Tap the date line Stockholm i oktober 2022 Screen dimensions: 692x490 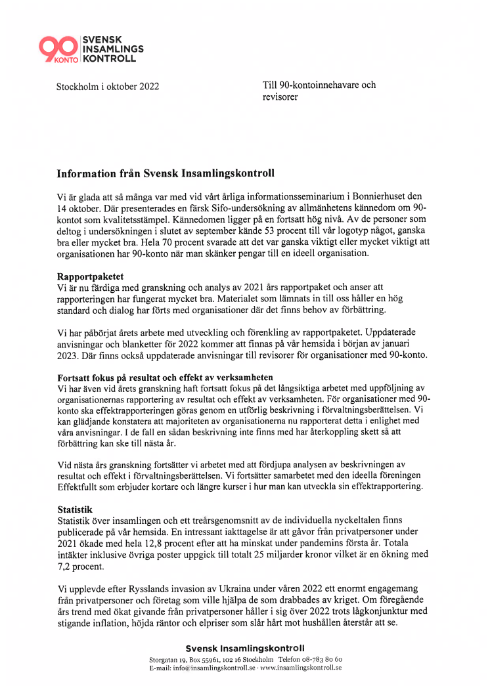(x=107, y=86)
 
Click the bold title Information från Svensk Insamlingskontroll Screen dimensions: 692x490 (x=165, y=174)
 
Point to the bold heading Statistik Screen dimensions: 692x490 (x=76, y=509)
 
